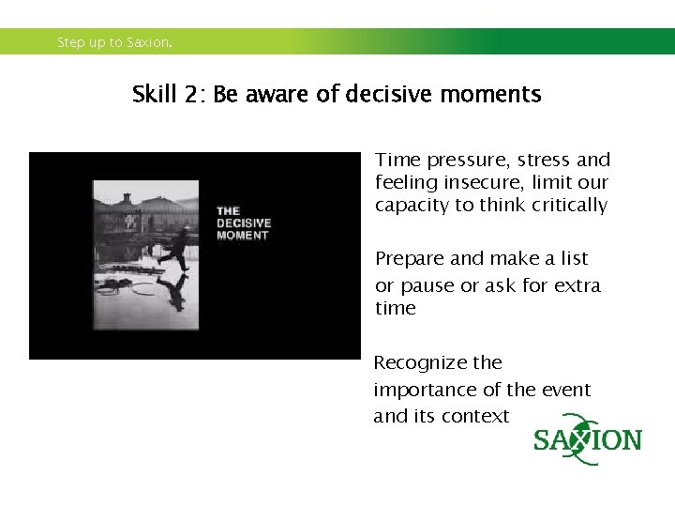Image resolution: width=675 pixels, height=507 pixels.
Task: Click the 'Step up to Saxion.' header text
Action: click(x=114, y=42)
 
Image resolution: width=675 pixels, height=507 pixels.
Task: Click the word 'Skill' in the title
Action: click(x=153, y=95)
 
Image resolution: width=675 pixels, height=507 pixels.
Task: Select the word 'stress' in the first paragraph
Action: click(x=544, y=161)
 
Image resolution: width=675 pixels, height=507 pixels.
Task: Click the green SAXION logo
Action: click(x=588, y=440)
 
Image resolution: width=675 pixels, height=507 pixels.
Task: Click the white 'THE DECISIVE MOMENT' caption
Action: click(x=243, y=223)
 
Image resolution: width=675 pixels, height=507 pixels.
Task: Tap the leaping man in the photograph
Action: click(x=173, y=247)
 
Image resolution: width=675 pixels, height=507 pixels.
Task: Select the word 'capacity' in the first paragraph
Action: click(x=412, y=206)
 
